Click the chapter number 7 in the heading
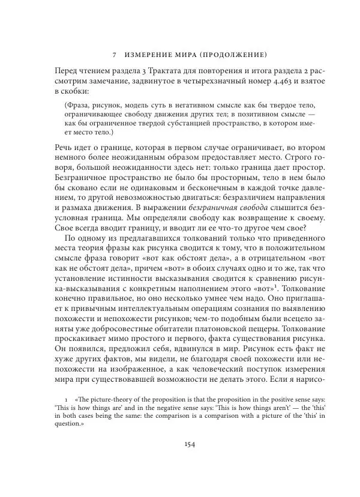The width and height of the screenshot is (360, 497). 114,52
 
